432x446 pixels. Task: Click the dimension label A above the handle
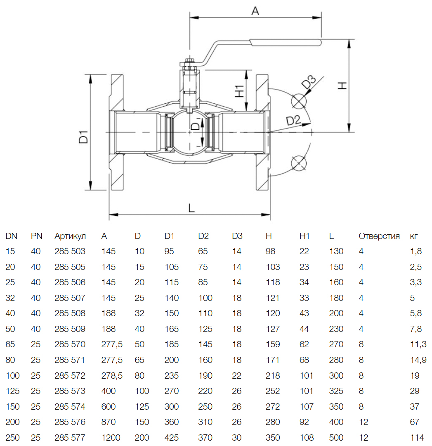(255, 11)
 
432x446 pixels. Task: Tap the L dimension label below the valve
(191, 208)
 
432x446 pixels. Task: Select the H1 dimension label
(239, 91)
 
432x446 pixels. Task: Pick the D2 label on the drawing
(293, 120)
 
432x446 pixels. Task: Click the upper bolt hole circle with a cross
(299, 101)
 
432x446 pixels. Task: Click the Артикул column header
(70, 236)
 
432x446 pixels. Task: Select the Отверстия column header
(379, 236)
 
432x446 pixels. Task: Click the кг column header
(413, 236)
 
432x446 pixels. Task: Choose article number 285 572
(70, 376)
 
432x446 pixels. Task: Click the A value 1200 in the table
(111, 438)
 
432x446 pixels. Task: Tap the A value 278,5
(112, 376)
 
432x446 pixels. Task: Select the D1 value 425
(172, 438)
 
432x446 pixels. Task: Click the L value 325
(336, 391)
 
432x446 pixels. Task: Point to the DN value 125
(12, 391)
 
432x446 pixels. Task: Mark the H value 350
(273, 438)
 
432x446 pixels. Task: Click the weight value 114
(417, 438)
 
